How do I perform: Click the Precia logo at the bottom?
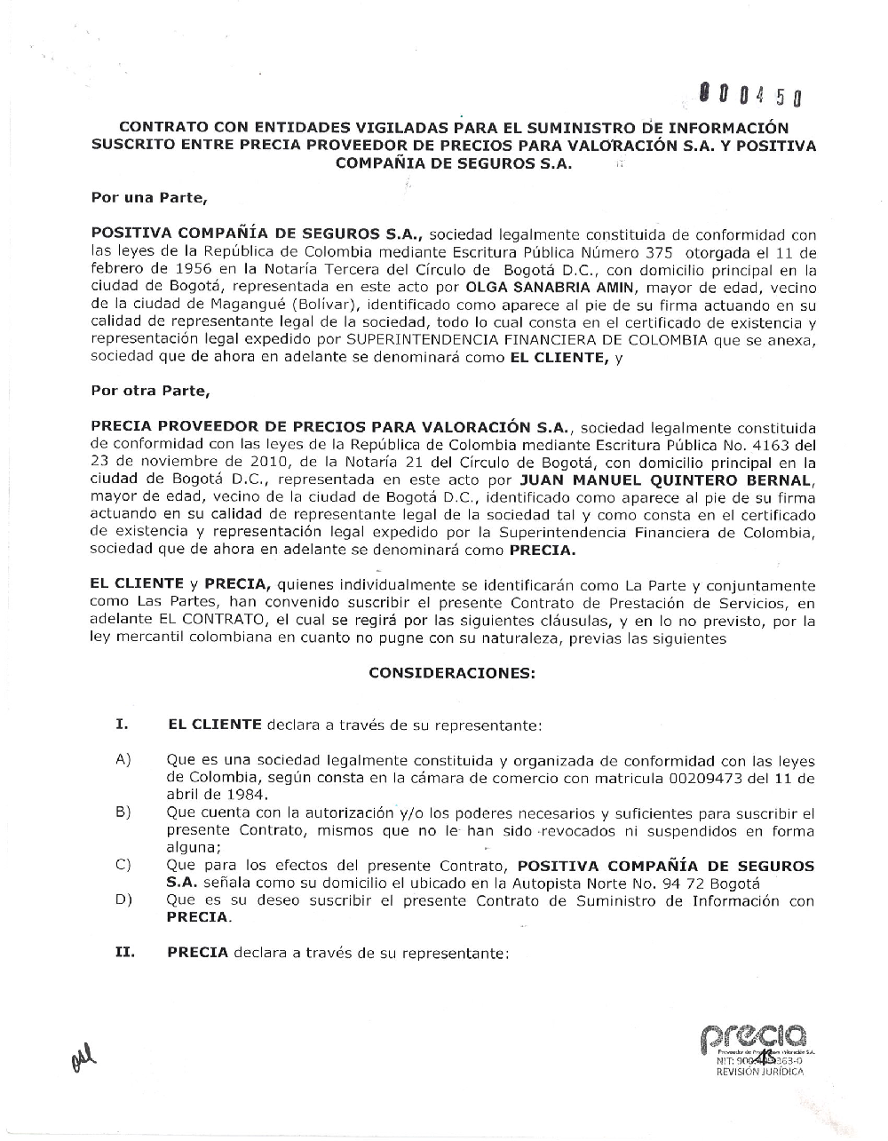tap(753, 1036)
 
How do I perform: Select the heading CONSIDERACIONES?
tap(452, 673)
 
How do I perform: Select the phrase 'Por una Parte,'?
tap(149, 197)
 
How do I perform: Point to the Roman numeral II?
tap(123, 953)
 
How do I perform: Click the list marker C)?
tap(123, 866)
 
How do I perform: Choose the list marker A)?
tap(123, 760)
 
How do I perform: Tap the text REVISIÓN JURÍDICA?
tap(760, 1072)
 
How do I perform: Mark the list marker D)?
tap(123, 900)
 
